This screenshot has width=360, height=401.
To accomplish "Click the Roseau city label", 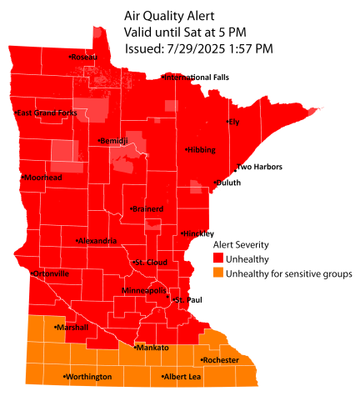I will (x=85, y=57).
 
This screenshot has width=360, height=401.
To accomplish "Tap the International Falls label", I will (x=197, y=78).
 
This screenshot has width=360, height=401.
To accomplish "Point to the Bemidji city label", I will (x=112, y=141).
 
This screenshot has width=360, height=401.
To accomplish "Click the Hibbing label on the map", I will (x=201, y=150).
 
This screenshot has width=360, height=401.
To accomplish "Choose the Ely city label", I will (x=234, y=123).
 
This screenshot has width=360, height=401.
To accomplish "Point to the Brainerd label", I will (x=148, y=208).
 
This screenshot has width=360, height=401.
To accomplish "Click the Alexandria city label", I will (x=98, y=241).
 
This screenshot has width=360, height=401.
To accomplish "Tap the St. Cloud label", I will (x=151, y=263).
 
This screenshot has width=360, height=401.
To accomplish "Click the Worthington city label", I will (x=89, y=378).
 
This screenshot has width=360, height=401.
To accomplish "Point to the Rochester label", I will (x=221, y=360).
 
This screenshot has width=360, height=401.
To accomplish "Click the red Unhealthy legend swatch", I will (x=218, y=259).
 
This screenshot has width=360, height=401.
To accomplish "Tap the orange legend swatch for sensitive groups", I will (x=218, y=273).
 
